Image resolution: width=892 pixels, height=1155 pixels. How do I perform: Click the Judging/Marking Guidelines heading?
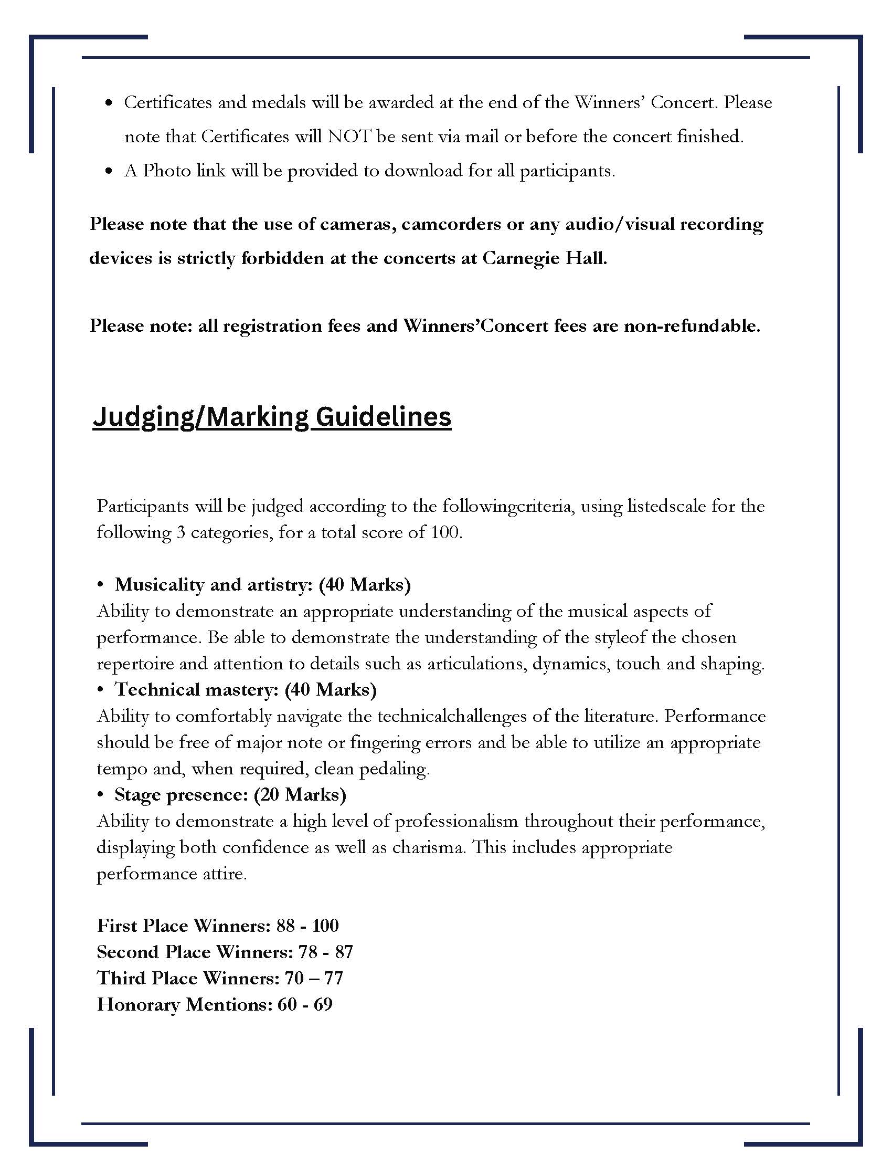(x=272, y=417)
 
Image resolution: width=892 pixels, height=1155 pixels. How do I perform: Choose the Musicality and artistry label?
(x=214, y=584)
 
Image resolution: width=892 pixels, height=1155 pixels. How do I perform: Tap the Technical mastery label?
(x=197, y=690)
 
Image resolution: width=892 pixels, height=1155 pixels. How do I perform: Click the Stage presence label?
(x=181, y=795)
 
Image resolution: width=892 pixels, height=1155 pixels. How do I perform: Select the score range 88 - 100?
(x=307, y=926)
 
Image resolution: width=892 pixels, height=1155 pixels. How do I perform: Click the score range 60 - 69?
(x=305, y=1005)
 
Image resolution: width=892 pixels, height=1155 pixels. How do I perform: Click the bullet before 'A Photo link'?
(x=109, y=171)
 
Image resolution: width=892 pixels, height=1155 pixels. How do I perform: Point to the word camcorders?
(x=449, y=225)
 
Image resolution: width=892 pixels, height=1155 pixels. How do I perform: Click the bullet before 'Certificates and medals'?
(x=109, y=103)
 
